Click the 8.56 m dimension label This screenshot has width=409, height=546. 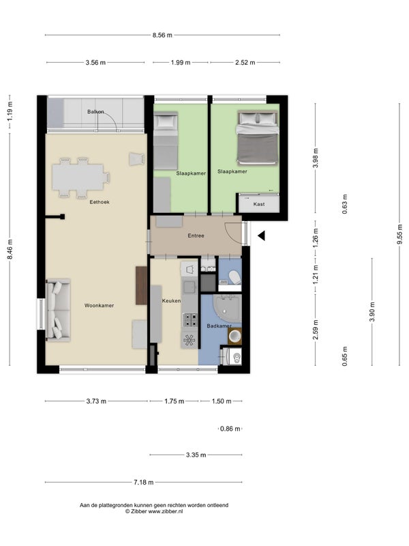point(162,35)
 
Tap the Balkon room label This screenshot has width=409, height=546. point(95,112)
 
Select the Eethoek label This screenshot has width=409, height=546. point(100,202)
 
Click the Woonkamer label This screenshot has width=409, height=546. point(99,305)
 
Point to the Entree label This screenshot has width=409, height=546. point(196,235)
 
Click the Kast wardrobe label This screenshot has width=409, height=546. point(259,204)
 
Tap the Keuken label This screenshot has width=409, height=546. point(172,300)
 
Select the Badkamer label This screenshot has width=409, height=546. point(219,326)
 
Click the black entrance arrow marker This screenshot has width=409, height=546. point(261,235)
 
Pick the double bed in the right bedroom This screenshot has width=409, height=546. point(258,138)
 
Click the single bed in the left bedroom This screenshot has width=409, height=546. point(166,141)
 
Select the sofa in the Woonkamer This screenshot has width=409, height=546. point(58,310)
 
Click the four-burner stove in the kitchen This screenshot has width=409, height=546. point(190,319)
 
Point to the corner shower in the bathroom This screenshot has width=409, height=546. point(227,308)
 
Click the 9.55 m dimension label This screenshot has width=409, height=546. point(399,234)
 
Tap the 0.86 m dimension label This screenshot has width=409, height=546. point(230,429)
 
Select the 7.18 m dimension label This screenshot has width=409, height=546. point(144,483)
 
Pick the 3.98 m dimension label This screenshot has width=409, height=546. point(316,158)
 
